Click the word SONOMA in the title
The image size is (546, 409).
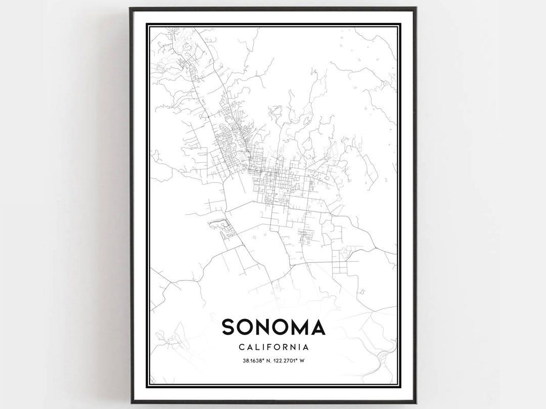(273, 327)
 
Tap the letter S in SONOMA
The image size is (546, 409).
(229, 327)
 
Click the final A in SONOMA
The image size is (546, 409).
(317, 327)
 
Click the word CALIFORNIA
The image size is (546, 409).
(273, 347)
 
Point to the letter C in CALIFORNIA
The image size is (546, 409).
(240, 347)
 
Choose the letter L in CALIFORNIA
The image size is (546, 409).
(256, 347)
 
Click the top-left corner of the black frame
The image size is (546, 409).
(130, 8)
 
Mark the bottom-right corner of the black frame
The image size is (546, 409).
(416, 402)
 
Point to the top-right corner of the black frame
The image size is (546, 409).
(416, 8)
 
